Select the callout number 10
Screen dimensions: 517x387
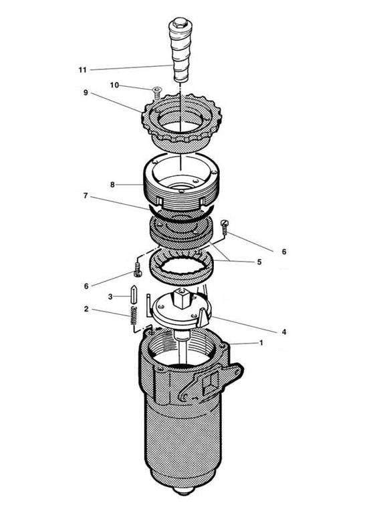click(x=114, y=85)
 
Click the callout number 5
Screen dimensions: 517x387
click(x=259, y=262)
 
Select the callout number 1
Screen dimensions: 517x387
click(x=262, y=342)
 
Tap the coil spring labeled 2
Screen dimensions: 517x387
click(x=133, y=316)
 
